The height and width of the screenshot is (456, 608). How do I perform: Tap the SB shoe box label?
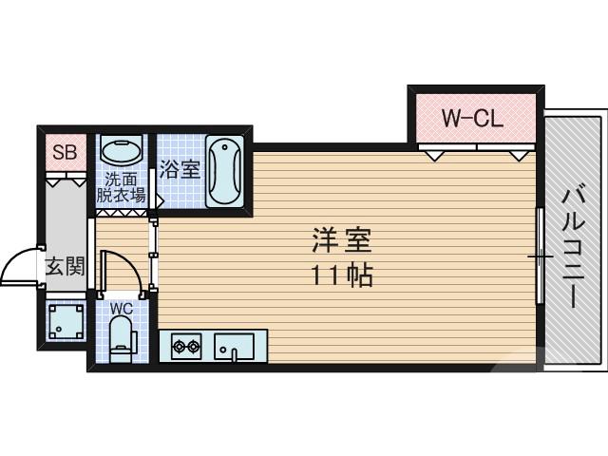coord(65,152)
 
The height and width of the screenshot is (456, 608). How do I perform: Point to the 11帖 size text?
coord(341,276)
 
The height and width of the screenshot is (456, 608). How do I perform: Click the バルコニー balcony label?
coord(573,246)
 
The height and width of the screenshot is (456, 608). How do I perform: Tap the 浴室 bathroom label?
coord(180,170)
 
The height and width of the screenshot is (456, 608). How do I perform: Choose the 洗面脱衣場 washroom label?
coord(121,187)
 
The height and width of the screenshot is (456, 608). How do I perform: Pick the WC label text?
coord(121,309)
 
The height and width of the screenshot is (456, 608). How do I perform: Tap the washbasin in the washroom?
coord(121,152)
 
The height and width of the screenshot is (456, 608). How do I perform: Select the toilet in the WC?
coord(121,338)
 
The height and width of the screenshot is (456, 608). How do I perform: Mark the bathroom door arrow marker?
coord(160,201)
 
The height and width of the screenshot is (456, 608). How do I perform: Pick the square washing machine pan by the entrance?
coord(65,323)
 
